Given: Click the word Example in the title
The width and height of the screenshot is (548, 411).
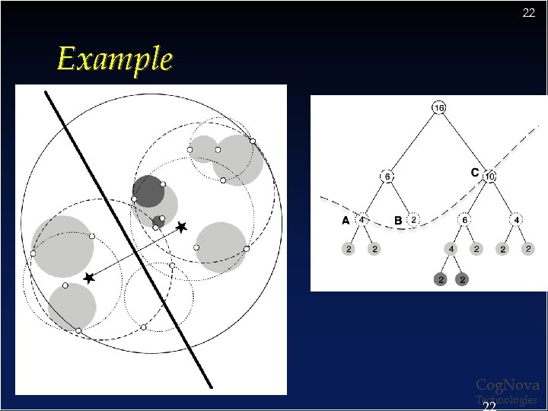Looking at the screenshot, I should pyautogui.click(x=115, y=59).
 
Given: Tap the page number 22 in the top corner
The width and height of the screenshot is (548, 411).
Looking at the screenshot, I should pyautogui.click(x=529, y=13).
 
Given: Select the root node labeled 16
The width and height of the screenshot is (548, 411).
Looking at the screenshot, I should pyautogui.click(x=438, y=108).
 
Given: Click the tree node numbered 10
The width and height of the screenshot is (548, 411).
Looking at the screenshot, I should pyautogui.click(x=489, y=176).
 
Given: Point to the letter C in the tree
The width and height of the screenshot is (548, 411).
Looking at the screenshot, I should pyautogui.click(x=474, y=173).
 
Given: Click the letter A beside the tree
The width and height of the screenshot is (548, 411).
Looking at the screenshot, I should pyautogui.click(x=346, y=220).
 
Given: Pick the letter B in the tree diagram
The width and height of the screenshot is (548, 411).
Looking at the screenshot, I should pyautogui.click(x=398, y=220).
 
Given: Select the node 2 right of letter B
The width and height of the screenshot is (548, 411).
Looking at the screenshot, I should pyautogui.click(x=413, y=220).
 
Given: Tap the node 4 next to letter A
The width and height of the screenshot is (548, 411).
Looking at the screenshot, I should pyautogui.click(x=362, y=220).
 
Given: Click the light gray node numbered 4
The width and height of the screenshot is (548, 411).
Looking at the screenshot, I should pyautogui.click(x=451, y=249).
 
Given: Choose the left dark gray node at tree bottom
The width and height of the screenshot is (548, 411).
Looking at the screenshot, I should pyautogui.click(x=439, y=279).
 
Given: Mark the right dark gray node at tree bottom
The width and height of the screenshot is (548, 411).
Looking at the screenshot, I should pyautogui.click(x=463, y=279).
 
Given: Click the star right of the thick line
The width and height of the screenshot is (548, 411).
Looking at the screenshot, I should pyautogui.click(x=181, y=227).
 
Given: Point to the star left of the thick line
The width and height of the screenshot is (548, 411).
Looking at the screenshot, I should pyautogui.click(x=89, y=279).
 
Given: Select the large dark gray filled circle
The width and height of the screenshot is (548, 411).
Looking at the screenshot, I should pyautogui.click(x=148, y=191).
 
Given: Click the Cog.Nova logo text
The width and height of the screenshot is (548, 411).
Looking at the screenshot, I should pyautogui.click(x=507, y=385).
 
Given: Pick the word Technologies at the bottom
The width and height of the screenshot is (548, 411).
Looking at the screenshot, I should pyautogui.click(x=507, y=400).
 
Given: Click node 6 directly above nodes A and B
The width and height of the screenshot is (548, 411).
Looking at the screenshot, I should pyautogui.click(x=387, y=176).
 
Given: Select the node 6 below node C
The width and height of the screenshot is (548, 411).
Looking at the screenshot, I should pyautogui.click(x=464, y=220).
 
